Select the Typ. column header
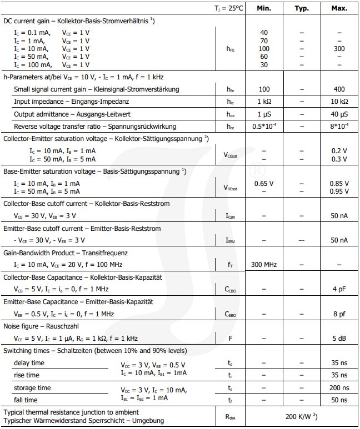tap(301, 8)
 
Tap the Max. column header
tap(339, 8)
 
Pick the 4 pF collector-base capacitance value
tap(339, 289)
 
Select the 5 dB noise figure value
tap(339, 338)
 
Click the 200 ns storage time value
tap(339, 387)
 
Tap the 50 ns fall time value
tap(339, 400)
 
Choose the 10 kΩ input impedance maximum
tap(339, 102)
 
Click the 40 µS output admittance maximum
tap(339, 114)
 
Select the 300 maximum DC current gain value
tap(339, 49)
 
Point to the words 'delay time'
tap(29, 363)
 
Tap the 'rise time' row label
tap(27, 375)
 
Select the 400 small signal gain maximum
tap(339, 89)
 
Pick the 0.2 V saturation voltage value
tap(339, 150)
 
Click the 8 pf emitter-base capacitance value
tap(339, 314)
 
